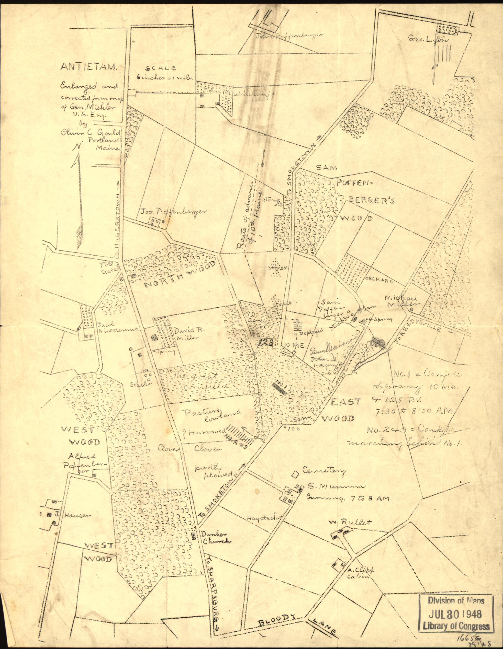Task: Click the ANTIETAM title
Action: [89, 67]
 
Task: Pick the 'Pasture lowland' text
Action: [211, 416]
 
